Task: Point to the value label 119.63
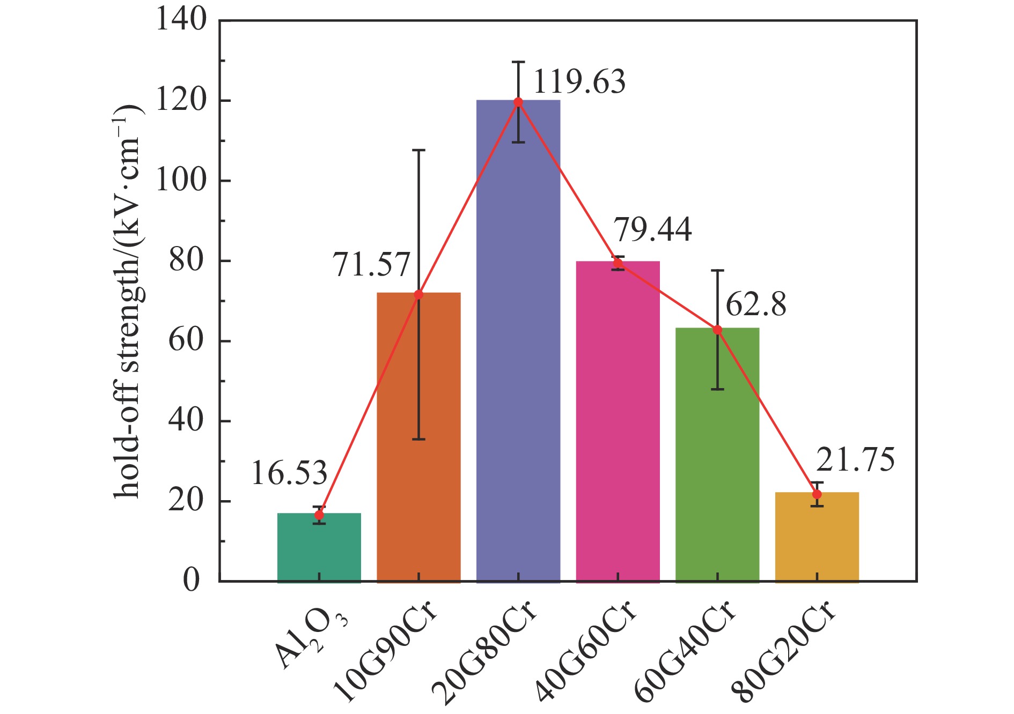pyautogui.click(x=579, y=83)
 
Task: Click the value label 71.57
pyautogui.click(x=371, y=265)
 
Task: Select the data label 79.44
pyautogui.click(x=652, y=230)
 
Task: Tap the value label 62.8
pyautogui.click(x=756, y=305)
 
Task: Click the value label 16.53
pyautogui.click(x=289, y=474)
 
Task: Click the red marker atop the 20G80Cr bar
pyautogui.click(x=518, y=102)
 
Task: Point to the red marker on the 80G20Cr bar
pyautogui.click(x=817, y=494)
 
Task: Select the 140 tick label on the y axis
pyautogui.click(x=181, y=20)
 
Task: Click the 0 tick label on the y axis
pyautogui.click(x=192, y=581)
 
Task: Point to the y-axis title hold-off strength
pyautogui.click(x=128, y=300)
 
